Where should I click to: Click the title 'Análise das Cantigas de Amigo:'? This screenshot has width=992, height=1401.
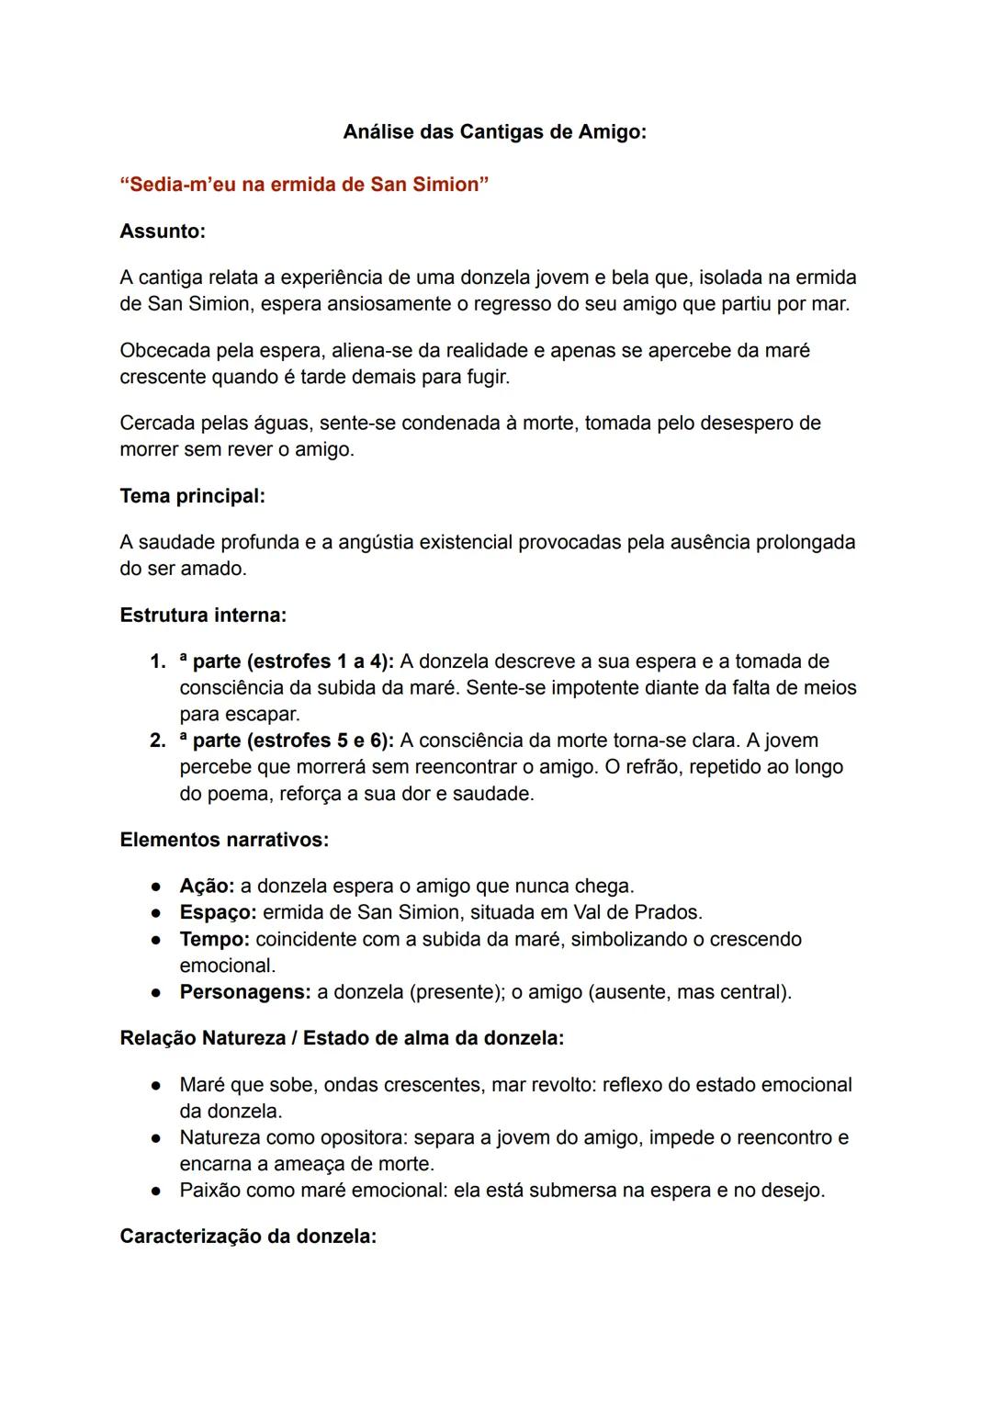(494, 132)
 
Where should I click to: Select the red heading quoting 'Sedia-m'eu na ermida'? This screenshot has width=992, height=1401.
(304, 185)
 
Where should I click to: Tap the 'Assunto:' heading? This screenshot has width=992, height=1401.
(163, 232)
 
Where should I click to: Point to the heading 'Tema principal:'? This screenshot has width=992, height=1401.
(192, 496)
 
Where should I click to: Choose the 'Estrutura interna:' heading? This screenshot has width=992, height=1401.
(203, 615)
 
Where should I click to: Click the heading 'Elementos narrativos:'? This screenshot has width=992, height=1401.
(224, 840)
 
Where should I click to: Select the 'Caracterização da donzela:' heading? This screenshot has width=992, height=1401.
(248, 1237)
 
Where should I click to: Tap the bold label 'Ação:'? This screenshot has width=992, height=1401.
(207, 887)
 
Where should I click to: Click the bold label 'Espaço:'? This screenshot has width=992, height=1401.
(218, 913)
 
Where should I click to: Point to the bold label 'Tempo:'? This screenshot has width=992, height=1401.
(214, 940)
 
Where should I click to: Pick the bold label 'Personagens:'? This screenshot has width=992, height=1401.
(244, 993)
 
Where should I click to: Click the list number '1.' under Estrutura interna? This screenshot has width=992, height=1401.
(158, 661)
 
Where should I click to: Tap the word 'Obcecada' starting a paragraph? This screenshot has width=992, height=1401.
(163, 351)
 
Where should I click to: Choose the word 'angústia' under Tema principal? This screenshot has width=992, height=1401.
(375, 543)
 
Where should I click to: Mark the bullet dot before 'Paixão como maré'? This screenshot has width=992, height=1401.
(157, 1192)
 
